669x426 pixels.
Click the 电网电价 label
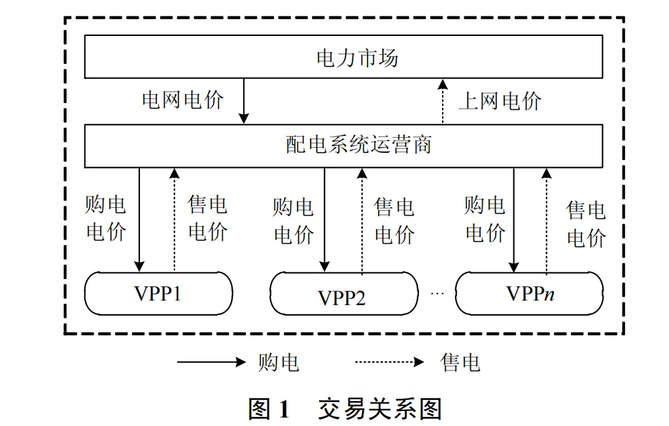tap(182, 100)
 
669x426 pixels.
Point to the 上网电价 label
tap(500, 101)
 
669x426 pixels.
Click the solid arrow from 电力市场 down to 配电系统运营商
tap(244, 101)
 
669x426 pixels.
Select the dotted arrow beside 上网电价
tap(443, 101)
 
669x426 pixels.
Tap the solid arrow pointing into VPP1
tap(139, 220)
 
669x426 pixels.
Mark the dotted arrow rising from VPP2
tap(362, 220)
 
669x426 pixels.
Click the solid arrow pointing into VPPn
tap(514, 220)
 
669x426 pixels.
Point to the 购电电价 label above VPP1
tap(105, 218)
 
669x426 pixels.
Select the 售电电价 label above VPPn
tap(586, 224)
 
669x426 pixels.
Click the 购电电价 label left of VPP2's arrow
tap(294, 221)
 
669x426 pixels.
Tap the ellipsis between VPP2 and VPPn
tap(437, 294)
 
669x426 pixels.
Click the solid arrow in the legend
tap(211, 363)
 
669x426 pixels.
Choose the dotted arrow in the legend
tap(390, 363)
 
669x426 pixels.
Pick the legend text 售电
tap(460, 363)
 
